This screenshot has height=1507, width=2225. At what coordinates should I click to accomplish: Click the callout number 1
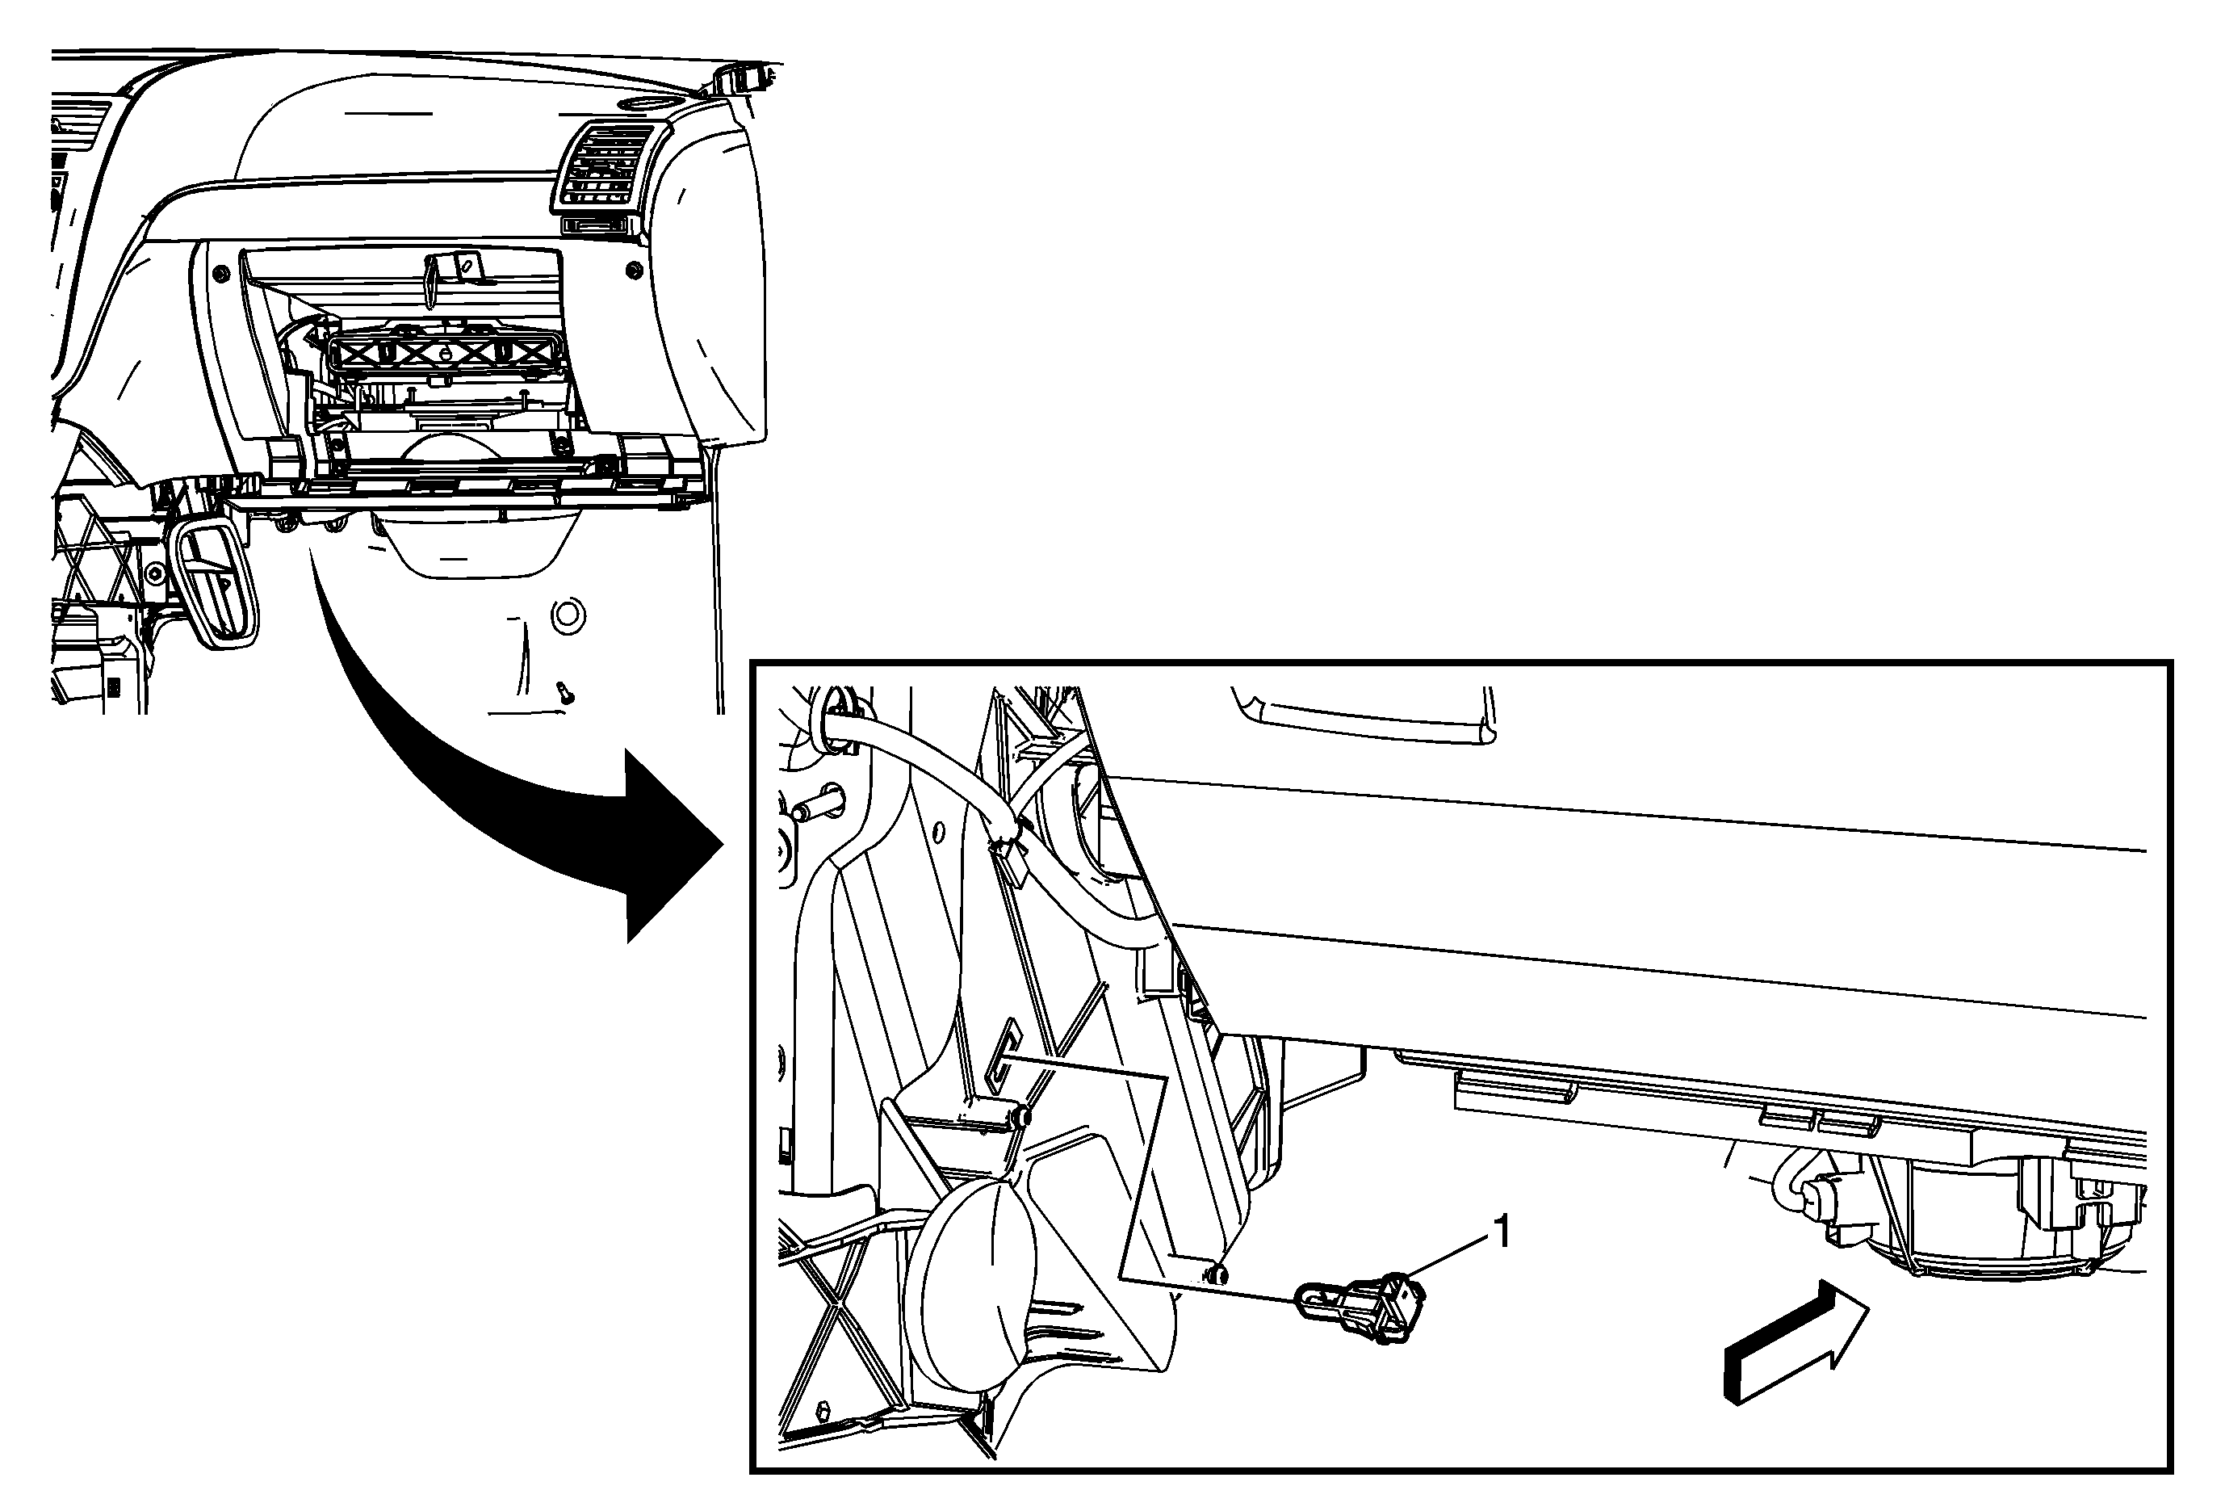point(1502,1232)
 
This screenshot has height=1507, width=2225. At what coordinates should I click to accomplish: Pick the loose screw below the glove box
point(565,692)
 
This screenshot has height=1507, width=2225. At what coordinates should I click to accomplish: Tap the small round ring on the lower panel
point(568,615)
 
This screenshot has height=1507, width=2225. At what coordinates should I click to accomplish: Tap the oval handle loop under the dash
point(215,584)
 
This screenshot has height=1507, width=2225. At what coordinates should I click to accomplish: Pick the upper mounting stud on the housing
point(1023,1116)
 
